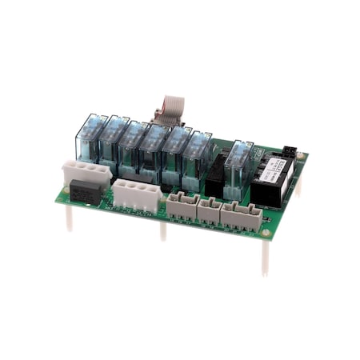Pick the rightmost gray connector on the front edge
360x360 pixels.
pos(241,216)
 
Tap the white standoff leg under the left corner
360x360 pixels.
pos(69,218)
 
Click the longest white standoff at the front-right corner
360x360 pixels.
pos(265,256)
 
